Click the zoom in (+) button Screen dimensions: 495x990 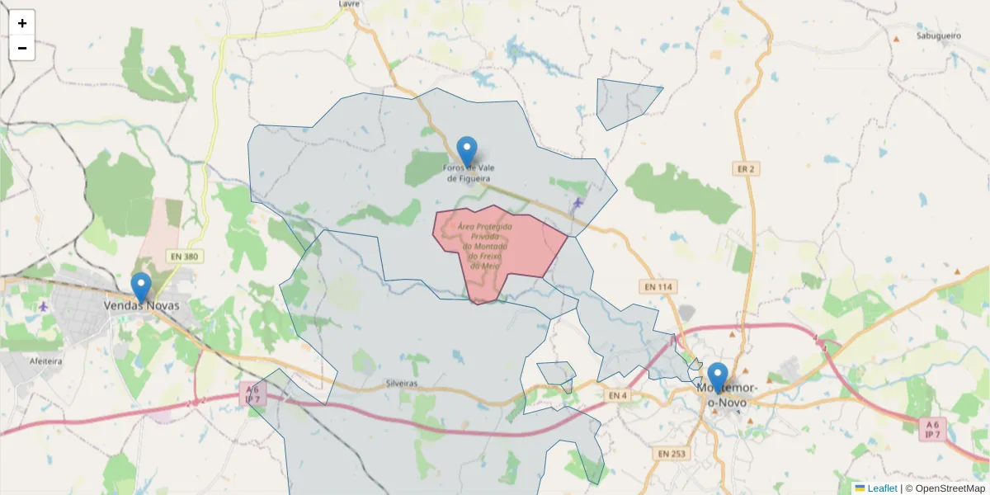22,23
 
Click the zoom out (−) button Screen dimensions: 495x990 22,48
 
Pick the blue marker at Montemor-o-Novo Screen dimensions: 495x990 718,377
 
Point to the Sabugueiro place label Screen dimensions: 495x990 939,36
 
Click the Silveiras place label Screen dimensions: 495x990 402,384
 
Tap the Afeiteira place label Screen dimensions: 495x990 46,361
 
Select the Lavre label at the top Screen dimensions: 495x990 351,4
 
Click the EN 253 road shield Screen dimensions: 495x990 673,453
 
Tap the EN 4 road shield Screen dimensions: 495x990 618,396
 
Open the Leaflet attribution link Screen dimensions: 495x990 881,488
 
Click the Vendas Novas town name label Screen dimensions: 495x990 141,305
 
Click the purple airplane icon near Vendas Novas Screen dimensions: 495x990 43,306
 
